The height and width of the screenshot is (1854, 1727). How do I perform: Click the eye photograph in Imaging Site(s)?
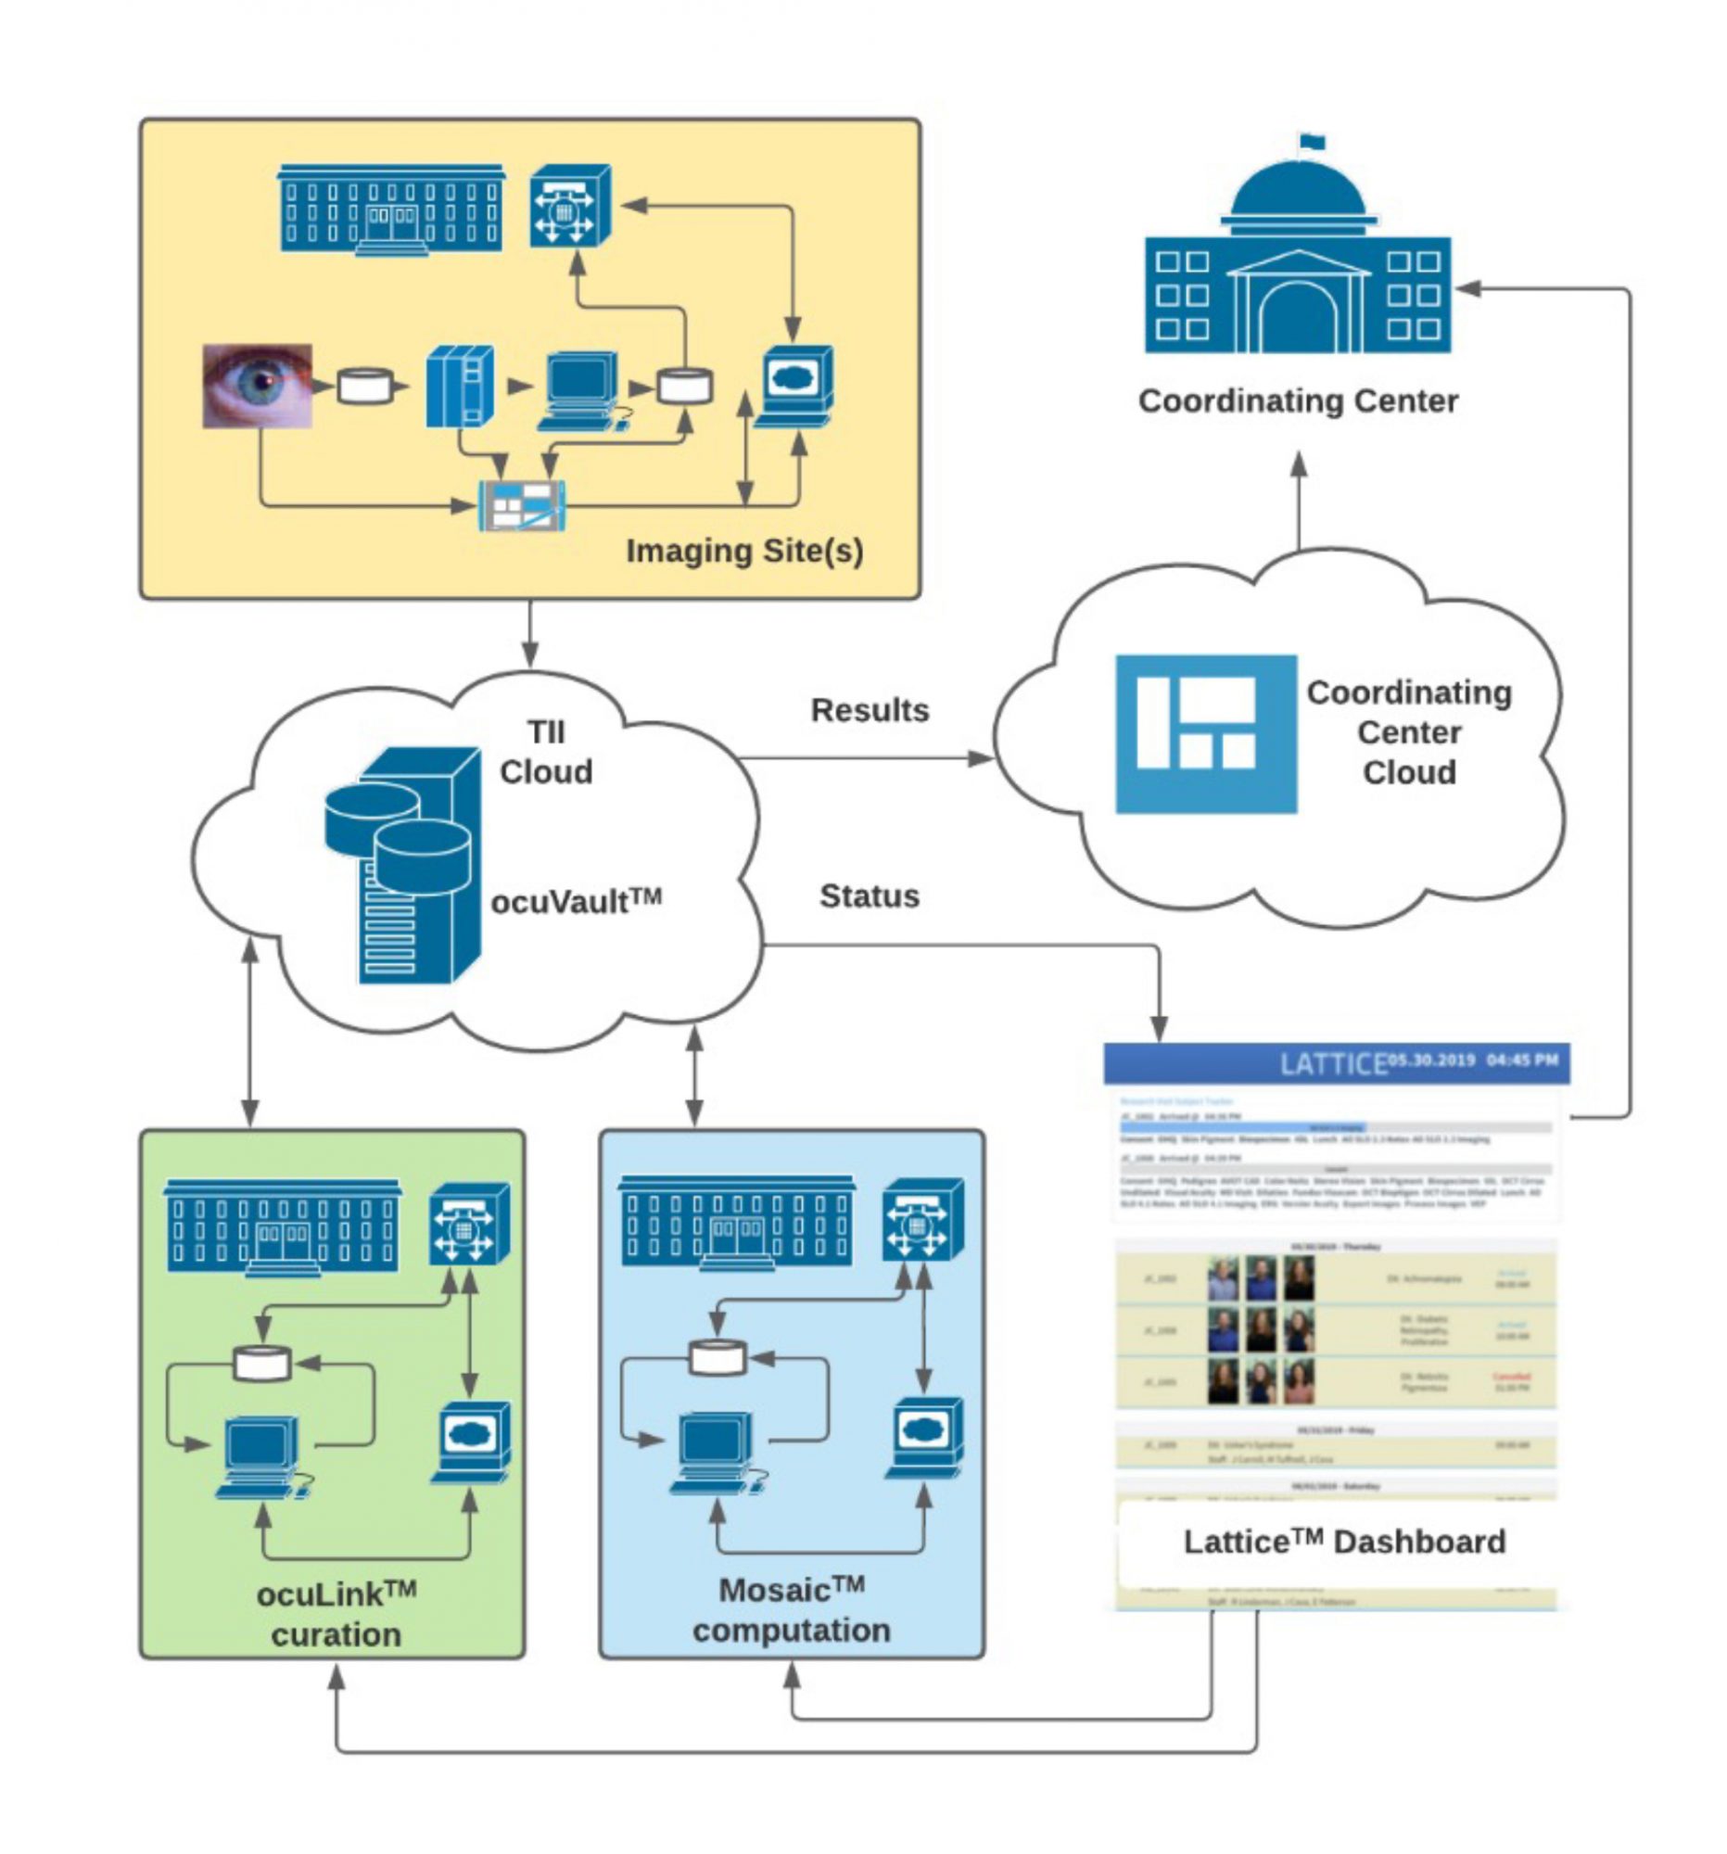point(258,386)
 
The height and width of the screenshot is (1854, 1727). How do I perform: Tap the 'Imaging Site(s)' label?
point(743,551)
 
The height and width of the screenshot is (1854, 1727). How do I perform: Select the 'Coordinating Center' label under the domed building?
point(1297,401)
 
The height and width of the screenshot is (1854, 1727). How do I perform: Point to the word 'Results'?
point(870,711)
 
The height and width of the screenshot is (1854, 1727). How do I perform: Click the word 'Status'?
point(870,896)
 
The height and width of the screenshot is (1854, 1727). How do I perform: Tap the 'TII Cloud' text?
point(545,752)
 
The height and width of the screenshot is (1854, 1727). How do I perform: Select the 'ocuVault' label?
point(576,902)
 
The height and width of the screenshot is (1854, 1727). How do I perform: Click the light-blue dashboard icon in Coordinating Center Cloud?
point(1205,734)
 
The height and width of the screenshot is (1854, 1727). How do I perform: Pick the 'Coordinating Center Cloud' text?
point(1408,732)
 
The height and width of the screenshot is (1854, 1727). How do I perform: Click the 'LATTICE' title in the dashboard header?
point(1332,1064)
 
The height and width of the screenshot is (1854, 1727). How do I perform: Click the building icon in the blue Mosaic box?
point(737,1223)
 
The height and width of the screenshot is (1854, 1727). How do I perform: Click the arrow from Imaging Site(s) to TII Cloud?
point(529,634)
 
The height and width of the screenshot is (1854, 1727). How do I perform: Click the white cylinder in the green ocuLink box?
point(262,1363)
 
